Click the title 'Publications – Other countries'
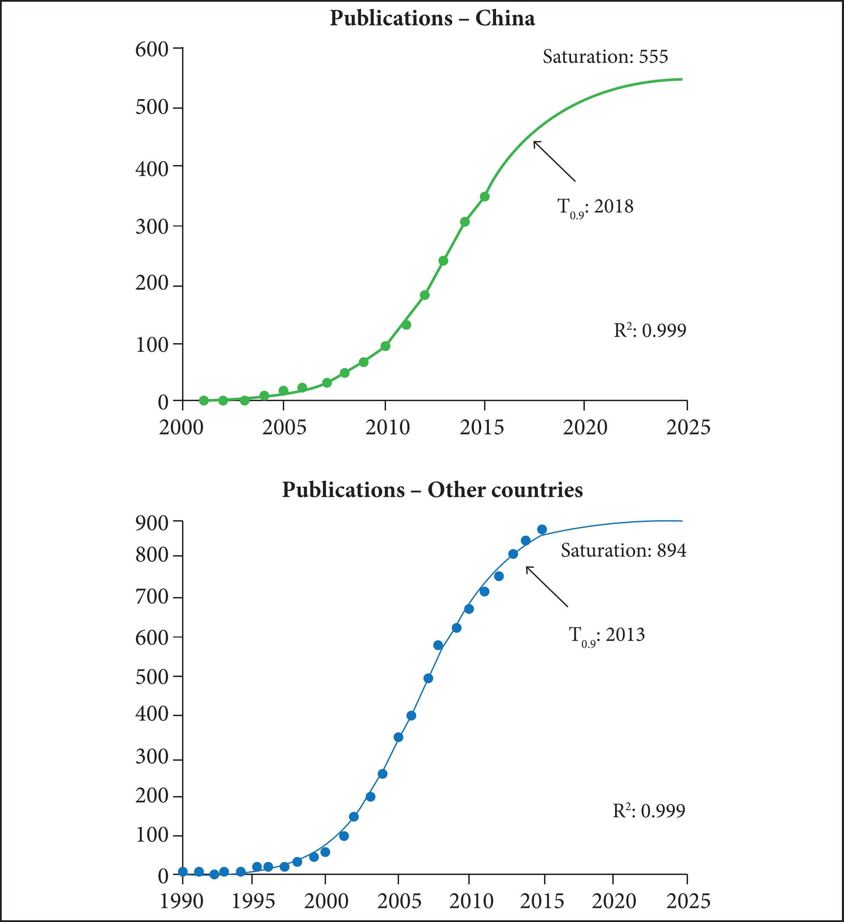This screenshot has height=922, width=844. pyautogui.click(x=432, y=490)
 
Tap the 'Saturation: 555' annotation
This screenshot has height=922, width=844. pyautogui.click(x=605, y=57)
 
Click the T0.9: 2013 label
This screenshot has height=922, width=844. pyautogui.click(x=606, y=635)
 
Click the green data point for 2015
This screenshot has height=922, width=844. pyautogui.click(x=485, y=197)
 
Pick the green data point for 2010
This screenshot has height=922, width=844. pyautogui.click(x=385, y=346)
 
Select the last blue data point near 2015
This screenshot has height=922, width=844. pyautogui.click(x=542, y=529)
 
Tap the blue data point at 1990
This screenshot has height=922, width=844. pyautogui.click(x=183, y=872)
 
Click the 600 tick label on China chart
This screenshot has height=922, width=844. pyautogui.click(x=152, y=49)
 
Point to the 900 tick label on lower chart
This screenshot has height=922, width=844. pyautogui.click(x=152, y=523)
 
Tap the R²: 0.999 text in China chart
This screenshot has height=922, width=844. pyautogui.click(x=650, y=330)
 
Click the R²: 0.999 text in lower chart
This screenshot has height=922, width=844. pyautogui.click(x=649, y=811)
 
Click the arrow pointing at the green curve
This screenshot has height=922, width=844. pyautogui.click(x=554, y=161)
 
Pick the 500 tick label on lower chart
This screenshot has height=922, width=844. pyautogui.click(x=152, y=677)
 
